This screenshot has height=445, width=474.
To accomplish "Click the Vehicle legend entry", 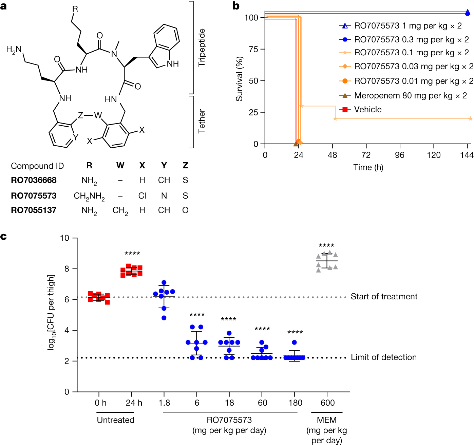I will coord(367,109).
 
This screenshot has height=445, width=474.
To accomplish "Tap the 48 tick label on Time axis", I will coord(332,155).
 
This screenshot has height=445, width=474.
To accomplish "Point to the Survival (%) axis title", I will coord(240,79).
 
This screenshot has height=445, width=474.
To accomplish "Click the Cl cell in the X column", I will coord(142,196).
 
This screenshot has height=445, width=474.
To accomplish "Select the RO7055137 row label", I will coord(34,210).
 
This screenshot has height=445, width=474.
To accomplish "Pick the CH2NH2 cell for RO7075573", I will coord(89,196).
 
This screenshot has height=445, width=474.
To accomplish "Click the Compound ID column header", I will coord(37,166).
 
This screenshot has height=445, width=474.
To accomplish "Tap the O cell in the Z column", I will coord(185,210).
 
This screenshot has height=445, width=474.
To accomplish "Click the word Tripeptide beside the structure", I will coord(202,47).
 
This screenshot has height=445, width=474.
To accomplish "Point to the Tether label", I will coord(202,121).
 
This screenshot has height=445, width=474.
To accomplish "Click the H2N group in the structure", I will coord(14,50).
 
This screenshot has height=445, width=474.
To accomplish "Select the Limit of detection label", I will coord(383,357).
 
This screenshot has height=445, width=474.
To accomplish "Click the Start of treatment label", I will coord(384,296).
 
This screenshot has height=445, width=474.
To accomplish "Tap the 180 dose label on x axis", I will coord(295,403).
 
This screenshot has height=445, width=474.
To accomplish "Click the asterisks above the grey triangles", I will coord(326,245).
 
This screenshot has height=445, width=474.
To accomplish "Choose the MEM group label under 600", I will coord(326,420).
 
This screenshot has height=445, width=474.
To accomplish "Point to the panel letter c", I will coord(4,236).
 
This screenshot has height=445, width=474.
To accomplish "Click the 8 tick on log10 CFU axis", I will coord(67,269).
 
